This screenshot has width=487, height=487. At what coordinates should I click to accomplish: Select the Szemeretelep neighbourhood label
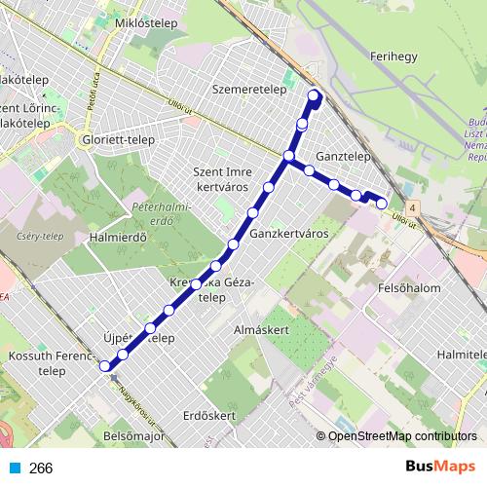(x=246, y=87)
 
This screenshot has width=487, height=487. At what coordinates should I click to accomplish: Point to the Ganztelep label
(x=344, y=155)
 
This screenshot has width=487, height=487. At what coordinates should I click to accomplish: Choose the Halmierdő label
(x=117, y=237)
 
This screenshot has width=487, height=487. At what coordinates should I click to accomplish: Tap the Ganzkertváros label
(x=288, y=235)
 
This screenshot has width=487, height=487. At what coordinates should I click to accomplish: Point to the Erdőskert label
(x=210, y=416)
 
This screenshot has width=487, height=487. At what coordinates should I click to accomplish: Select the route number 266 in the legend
(x=41, y=468)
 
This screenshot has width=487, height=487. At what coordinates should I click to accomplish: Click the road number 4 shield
(x=413, y=207)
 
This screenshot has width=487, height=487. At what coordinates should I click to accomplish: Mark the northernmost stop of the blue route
(x=314, y=94)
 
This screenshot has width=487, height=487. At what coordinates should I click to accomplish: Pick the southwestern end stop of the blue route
(x=104, y=365)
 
